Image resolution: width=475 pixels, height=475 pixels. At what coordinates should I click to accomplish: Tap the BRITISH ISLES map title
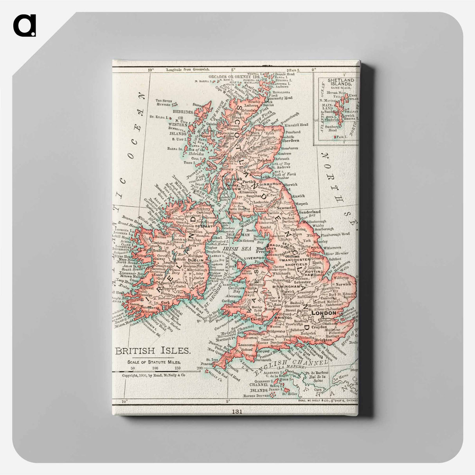pyautogui.click(x=153, y=351)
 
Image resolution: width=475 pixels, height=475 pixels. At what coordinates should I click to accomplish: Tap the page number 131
pyautogui.click(x=237, y=411)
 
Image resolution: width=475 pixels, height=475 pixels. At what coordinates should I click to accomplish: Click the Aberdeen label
pyautogui.click(x=290, y=140)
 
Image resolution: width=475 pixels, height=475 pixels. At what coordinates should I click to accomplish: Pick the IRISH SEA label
pyautogui.click(x=232, y=248)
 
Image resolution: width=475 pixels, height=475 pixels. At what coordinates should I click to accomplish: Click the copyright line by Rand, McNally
pyautogui.click(x=154, y=375)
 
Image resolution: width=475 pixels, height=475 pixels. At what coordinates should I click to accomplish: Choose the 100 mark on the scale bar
pyautogui.click(x=155, y=368)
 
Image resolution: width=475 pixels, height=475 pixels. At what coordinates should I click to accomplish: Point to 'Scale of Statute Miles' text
pyautogui.click(x=154, y=362)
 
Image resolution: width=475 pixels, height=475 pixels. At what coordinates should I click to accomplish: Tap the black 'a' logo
pyautogui.click(x=24, y=25)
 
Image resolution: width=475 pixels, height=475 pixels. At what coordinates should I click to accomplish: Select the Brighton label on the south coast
pyautogui.click(x=323, y=340)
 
